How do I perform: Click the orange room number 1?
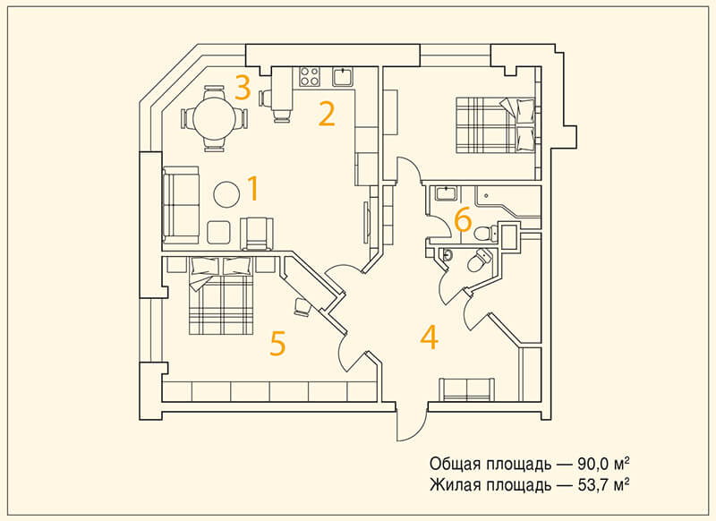click(253, 189)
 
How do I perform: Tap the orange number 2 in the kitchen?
click(327, 114)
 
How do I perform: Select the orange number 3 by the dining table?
click(243, 87)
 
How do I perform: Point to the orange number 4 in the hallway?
click(430, 337)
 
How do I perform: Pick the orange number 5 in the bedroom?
click(277, 343)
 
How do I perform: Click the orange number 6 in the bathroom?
click(463, 220)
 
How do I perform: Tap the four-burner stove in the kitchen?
click(309, 77)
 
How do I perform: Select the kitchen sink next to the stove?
click(343, 76)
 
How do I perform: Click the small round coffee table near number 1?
click(226, 194)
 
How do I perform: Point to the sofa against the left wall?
click(181, 205)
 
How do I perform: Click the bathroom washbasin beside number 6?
click(446, 193)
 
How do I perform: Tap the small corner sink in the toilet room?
click(446, 255)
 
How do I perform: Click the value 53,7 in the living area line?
click(593, 484)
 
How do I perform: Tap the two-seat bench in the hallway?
click(466, 389)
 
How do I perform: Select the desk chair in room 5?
click(302, 307)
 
